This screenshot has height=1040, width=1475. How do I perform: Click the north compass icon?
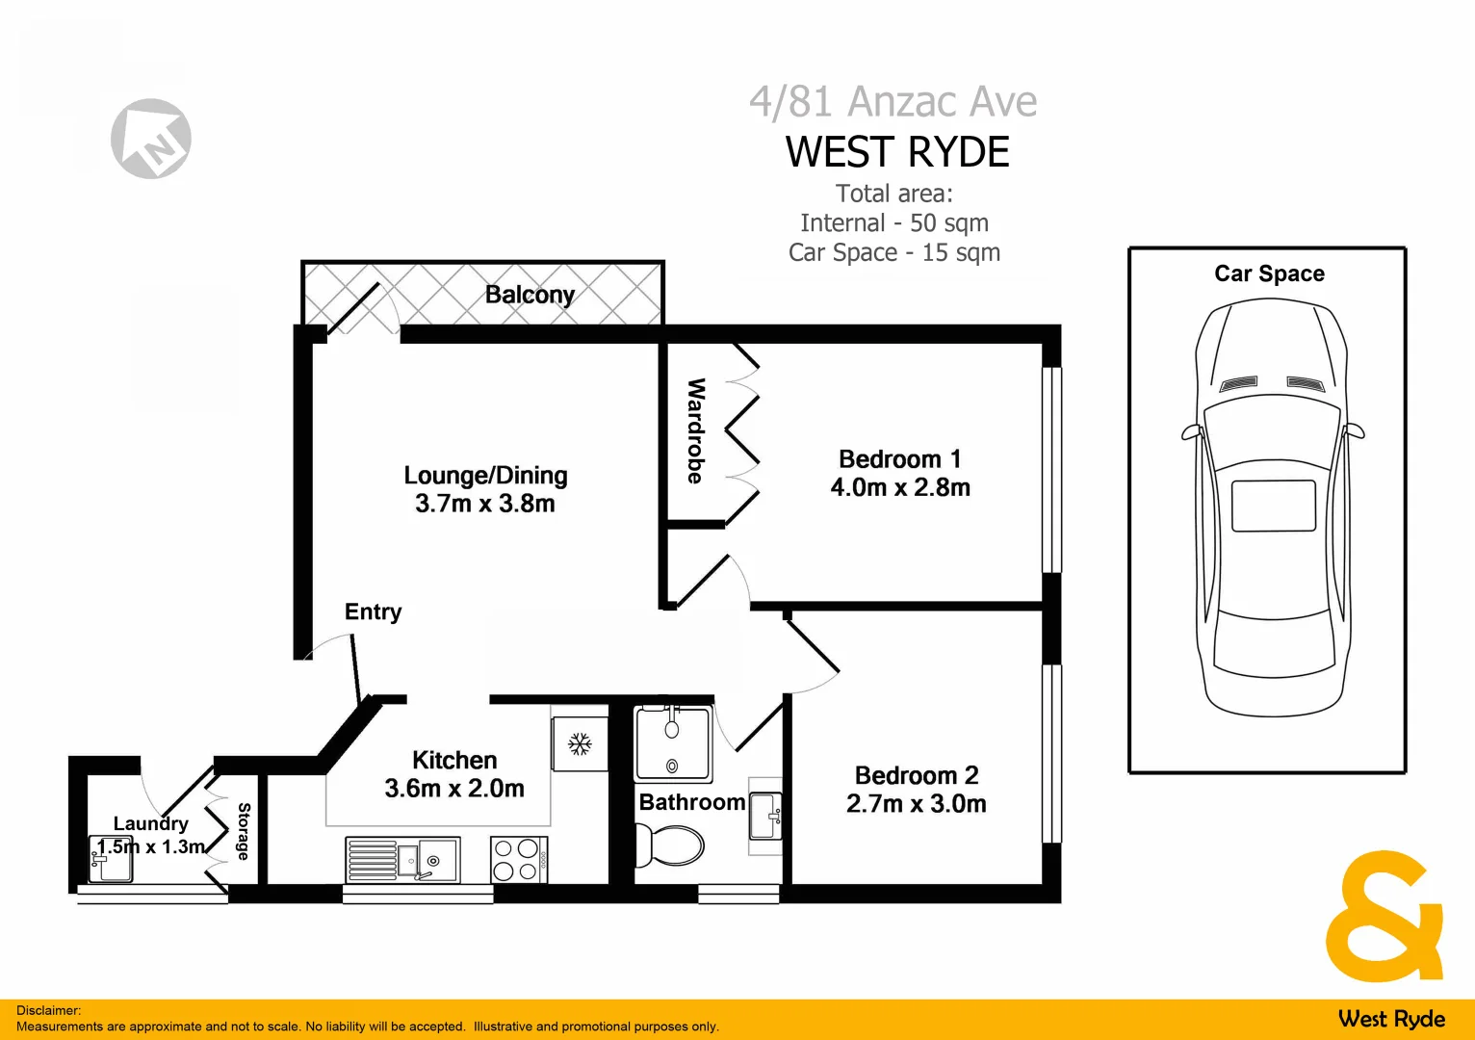click(151, 139)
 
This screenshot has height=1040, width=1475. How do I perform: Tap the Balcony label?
click(530, 295)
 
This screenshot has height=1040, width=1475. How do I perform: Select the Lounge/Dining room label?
click(485, 476)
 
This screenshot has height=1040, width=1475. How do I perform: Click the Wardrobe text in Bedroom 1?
click(695, 430)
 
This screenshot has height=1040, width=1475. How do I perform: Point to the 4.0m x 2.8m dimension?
click(900, 487)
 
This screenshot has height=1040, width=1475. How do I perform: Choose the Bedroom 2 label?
click(917, 775)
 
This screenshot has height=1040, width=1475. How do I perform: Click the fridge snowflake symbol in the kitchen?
click(579, 743)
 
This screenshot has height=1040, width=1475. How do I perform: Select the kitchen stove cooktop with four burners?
click(519, 860)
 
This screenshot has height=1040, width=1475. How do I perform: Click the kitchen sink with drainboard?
click(402, 859)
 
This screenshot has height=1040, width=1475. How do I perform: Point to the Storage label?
click(244, 831)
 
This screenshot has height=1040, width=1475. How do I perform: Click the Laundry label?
click(150, 823)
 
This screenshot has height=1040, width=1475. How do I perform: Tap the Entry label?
click(373, 611)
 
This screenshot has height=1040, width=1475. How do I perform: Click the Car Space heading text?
click(1269, 273)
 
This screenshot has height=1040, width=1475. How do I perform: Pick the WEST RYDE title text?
click(897, 152)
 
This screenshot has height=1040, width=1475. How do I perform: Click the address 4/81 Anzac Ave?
click(893, 101)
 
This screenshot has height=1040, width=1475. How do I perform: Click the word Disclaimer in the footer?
click(48, 1010)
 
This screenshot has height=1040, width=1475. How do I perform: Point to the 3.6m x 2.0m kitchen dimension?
click(454, 788)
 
